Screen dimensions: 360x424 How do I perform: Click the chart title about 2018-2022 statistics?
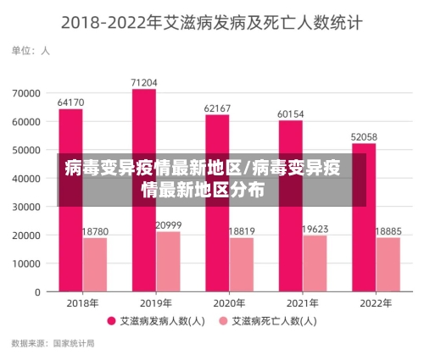(212, 22)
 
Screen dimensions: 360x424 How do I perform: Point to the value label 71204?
(144, 82)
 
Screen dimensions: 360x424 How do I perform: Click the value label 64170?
(70, 102)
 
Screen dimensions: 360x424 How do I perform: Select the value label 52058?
(364, 136)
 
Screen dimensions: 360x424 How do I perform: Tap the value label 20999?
(168, 224)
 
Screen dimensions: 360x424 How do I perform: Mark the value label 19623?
(315, 229)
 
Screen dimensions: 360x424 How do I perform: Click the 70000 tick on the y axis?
(27, 92)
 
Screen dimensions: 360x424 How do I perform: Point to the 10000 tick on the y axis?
(27, 263)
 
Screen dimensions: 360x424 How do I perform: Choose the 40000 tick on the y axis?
(27, 178)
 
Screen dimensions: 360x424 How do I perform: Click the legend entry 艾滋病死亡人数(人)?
(270, 321)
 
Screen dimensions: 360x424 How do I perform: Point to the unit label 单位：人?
(31, 51)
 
